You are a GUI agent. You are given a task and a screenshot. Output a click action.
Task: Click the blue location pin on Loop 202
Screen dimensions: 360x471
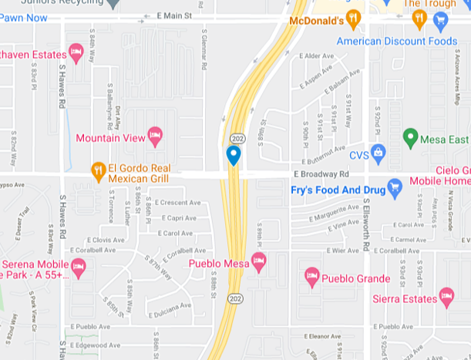coord(234,156)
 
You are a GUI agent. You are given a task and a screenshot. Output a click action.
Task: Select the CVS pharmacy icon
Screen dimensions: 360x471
coord(378,154)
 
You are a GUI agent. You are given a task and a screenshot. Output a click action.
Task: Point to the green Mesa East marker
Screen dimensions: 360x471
coord(411,139)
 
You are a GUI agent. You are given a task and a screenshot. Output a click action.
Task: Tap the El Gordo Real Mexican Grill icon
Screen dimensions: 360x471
coord(98,170)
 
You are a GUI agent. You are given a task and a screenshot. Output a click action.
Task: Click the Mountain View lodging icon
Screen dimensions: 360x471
coord(155,137)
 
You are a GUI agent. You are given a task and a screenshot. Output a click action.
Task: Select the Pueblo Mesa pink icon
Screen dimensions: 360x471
coord(259,262)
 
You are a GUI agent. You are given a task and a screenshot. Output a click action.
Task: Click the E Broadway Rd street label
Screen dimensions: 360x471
coord(326,174)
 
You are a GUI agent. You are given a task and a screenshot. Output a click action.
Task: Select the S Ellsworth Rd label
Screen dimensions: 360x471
coord(366,224)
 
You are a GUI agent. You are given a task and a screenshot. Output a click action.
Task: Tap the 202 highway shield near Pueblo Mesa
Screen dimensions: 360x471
coord(233,297)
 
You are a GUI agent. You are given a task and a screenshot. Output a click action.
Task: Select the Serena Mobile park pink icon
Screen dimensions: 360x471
coord(78,267)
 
